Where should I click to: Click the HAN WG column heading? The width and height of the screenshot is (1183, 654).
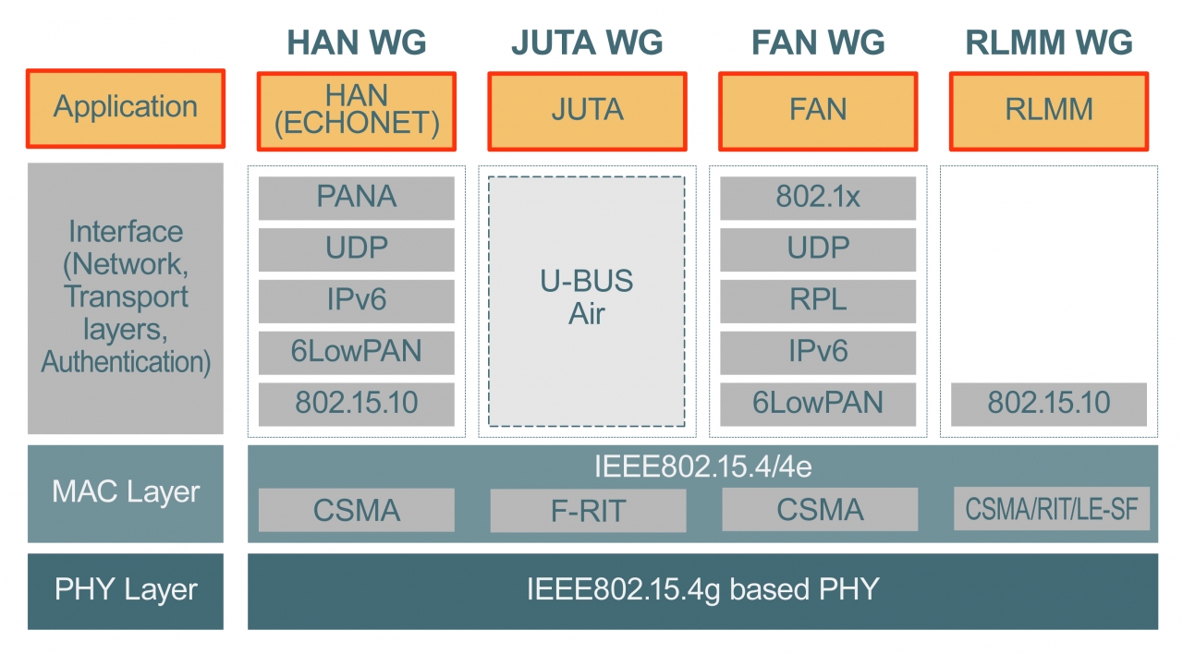(x=356, y=42)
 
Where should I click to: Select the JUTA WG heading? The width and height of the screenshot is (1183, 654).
(x=587, y=42)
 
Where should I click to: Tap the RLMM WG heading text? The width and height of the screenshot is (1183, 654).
(x=1049, y=42)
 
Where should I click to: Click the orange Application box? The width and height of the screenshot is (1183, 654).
(x=126, y=107)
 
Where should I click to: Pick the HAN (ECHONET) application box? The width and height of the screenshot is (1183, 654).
(x=356, y=111)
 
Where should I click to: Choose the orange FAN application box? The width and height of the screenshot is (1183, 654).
(x=818, y=111)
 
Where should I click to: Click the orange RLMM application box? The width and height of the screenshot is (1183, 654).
(x=1049, y=111)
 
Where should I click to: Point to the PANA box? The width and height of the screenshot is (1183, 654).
(x=356, y=198)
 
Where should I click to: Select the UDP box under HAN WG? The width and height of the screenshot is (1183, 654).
(x=356, y=249)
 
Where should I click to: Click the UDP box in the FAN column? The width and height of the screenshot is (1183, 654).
(x=818, y=249)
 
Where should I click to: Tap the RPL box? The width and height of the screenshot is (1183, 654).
(x=818, y=301)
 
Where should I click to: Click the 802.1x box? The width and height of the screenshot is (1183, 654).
(x=818, y=198)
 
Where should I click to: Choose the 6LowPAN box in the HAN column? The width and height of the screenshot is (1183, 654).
(x=356, y=352)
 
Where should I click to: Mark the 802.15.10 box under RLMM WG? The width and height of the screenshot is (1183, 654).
(x=1049, y=404)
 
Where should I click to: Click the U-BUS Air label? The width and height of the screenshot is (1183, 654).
(x=587, y=297)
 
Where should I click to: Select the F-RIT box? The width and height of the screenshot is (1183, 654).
(x=588, y=511)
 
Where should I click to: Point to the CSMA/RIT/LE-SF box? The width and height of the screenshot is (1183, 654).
(x=1051, y=509)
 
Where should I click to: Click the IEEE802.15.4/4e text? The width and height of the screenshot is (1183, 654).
(x=702, y=467)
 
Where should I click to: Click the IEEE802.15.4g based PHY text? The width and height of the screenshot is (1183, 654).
(x=702, y=589)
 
